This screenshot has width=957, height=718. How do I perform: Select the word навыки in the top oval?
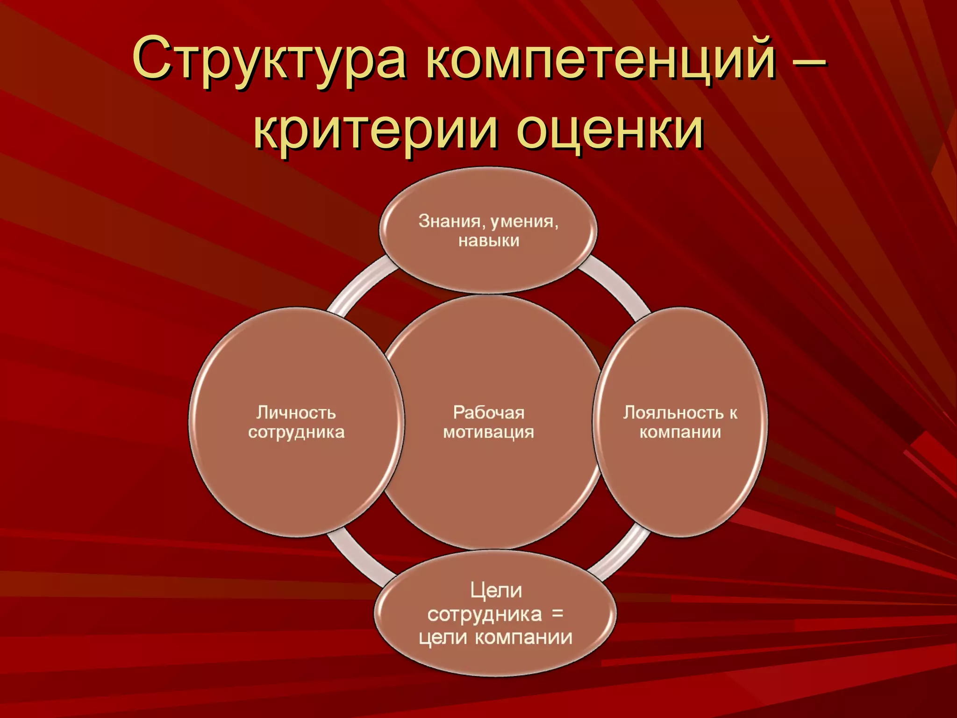[489, 241]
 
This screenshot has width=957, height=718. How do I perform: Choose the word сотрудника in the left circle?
[296, 432]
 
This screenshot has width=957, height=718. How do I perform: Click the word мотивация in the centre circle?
[489, 432]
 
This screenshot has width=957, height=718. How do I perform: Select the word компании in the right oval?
[680, 432]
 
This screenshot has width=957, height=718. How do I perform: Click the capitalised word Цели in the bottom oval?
[496, 590]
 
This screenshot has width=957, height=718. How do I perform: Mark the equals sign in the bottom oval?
[557, 613]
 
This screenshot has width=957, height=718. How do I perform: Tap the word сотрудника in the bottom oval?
[485, 614]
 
